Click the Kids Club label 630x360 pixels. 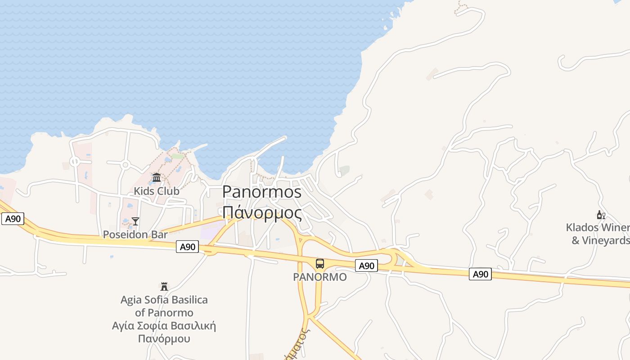[156, 191]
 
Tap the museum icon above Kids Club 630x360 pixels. [157, 178]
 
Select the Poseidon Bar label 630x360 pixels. [135, 234]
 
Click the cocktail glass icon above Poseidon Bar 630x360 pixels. [135, 221]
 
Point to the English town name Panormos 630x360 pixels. [262, 192]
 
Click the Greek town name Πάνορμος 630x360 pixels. [262, 212]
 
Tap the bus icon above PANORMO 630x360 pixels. [320, 264]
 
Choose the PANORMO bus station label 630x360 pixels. [320, 277]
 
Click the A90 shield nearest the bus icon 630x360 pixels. [366, 266]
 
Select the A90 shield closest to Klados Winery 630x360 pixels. [480, 274]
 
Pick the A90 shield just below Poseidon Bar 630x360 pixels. [187, 247]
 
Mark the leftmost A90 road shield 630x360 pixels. [13, 219]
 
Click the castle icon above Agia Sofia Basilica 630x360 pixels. [164, 286]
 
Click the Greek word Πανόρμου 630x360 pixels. [164, 339]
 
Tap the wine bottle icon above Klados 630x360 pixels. [601, 215]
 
